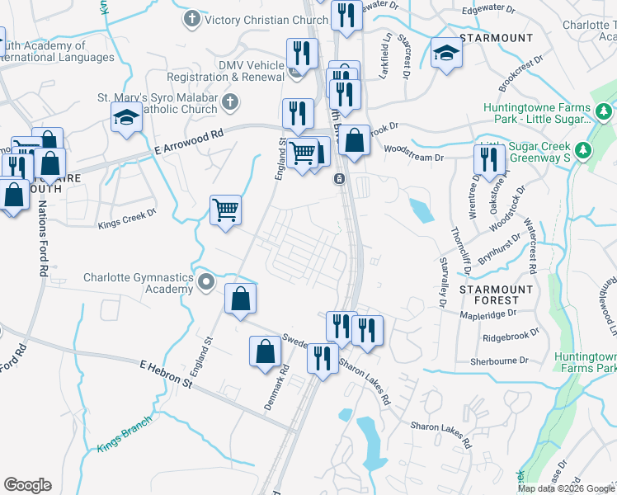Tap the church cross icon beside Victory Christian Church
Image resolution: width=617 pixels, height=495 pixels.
pos(192,18)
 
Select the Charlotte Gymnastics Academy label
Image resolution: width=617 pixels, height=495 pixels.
pos(138,284)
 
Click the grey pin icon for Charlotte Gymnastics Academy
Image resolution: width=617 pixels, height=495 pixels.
pos(207,283)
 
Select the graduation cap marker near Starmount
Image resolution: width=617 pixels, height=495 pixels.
pos(446,53)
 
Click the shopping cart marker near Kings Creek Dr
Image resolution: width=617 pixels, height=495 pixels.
pos(225,210)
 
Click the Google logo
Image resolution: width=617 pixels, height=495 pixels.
pos(27,485)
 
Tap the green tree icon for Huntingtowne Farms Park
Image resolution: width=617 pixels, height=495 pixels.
pos(604,111)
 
